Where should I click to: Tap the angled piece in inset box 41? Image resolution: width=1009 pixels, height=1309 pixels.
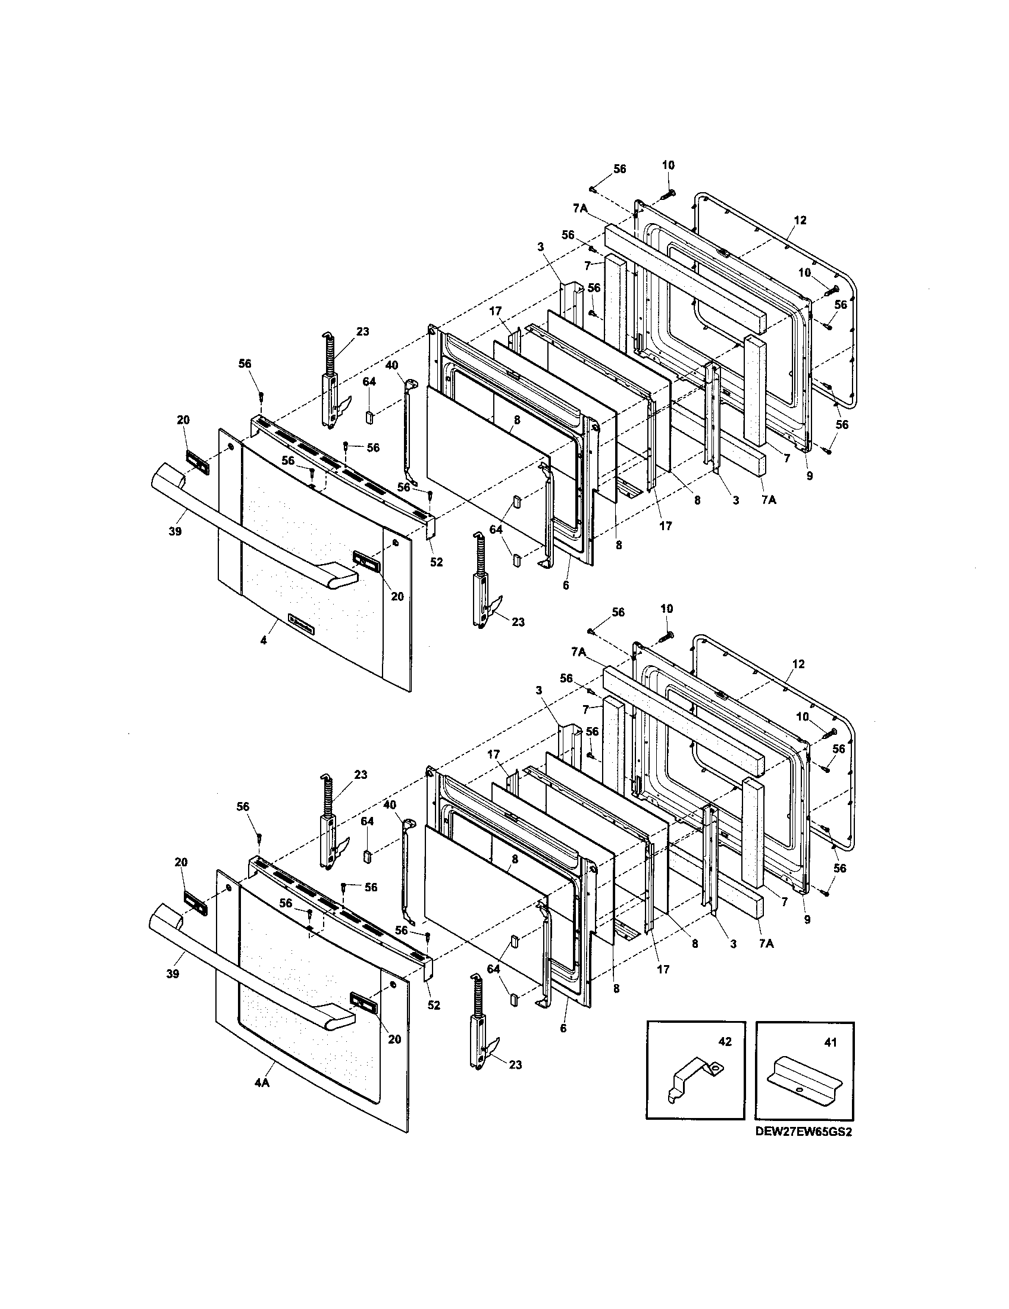803,1078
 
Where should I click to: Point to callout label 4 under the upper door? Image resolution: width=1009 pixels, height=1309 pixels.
263,640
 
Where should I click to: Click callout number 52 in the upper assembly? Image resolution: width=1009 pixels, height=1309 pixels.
436,562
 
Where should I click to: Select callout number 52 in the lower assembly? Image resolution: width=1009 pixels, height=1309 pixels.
434,1005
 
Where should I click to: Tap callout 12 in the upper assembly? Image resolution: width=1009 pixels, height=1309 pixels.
800,220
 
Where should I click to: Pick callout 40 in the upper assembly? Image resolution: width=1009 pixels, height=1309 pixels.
391,364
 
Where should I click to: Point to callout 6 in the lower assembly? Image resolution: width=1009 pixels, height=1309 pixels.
563,1028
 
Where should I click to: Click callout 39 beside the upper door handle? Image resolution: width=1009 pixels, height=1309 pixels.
174,531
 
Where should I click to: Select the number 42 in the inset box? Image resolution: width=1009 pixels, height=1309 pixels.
725,1042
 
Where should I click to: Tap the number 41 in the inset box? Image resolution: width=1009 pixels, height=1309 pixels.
831,1042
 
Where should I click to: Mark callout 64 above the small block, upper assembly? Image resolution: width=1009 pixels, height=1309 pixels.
369,382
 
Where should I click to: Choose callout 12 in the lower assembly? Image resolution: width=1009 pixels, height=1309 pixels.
798,664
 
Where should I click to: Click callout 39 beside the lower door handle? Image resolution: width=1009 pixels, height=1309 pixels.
173,974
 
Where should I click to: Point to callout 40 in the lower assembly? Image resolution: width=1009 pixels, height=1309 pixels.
390,805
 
